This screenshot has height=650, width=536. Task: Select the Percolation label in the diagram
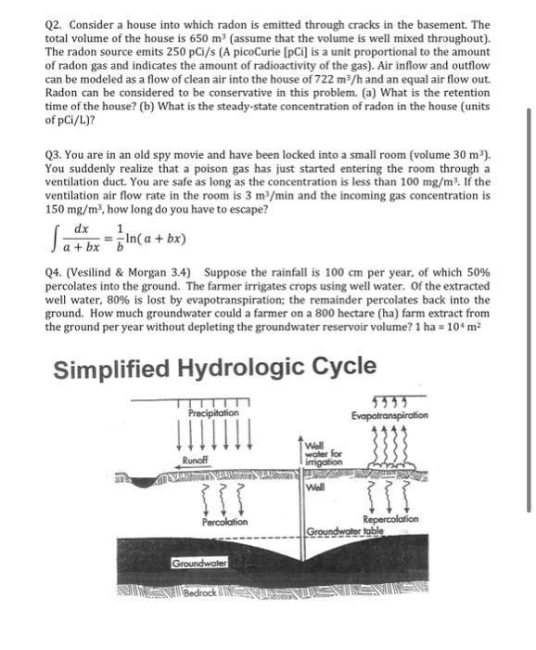pos(223,523)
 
